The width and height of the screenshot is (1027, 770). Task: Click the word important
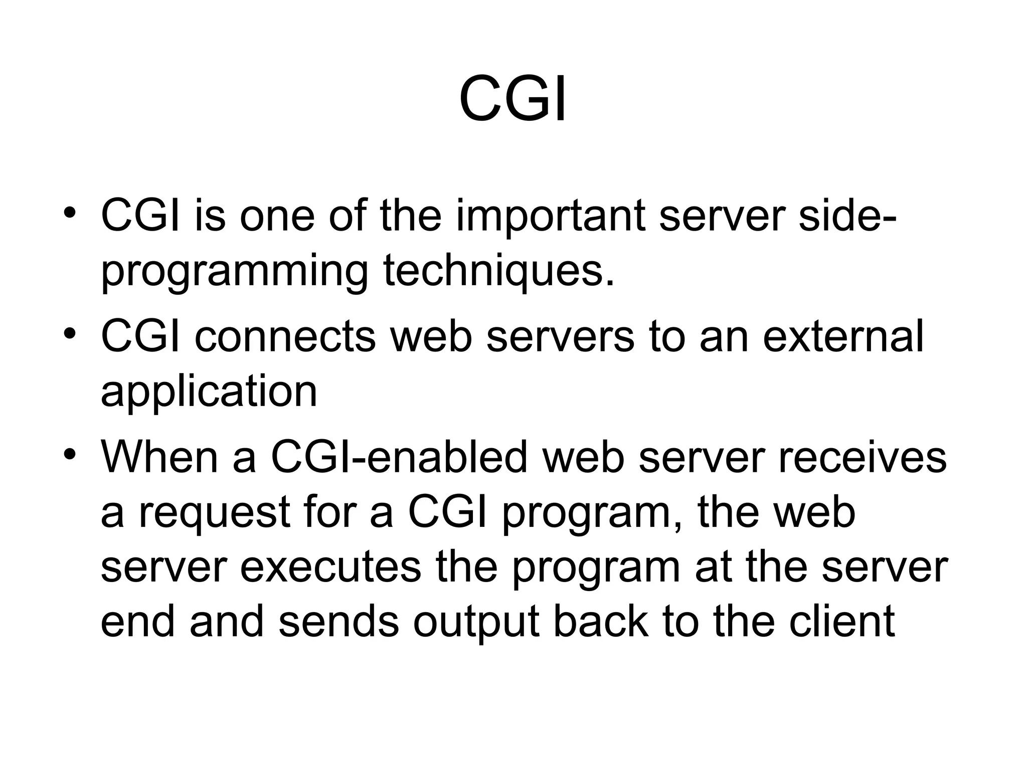[550, 217]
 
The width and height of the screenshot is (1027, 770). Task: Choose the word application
[209, 392]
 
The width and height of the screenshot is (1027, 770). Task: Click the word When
[159, 457]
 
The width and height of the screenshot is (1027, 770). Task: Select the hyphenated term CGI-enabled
[399, 457]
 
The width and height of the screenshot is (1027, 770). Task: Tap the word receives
[862, 457]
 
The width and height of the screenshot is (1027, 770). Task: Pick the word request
[215, 513]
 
